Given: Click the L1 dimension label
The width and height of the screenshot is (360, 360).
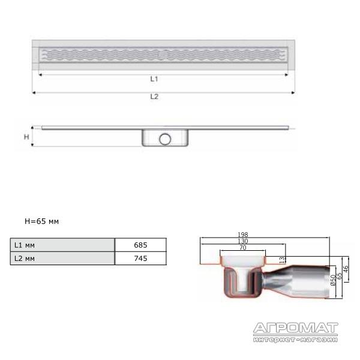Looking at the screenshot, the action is click(x=154, y=79).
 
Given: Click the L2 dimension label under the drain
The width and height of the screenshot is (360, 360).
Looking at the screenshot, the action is click(x=154, y=97).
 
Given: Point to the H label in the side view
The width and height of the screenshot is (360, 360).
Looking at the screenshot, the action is click(x=26, y=137).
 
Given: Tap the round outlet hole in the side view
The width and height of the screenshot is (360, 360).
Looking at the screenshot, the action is click(x=165, y=139).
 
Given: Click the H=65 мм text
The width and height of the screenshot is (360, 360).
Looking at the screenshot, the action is click(x=42, y=221).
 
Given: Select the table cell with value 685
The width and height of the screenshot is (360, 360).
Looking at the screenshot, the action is click(x=140, y=245).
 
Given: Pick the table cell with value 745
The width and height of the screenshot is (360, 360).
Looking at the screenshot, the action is click(x=140, y=258).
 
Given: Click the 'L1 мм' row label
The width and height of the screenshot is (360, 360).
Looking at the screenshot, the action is click(x=25, y=245).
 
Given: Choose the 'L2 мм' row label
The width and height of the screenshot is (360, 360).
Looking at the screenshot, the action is click(x=25, y=259).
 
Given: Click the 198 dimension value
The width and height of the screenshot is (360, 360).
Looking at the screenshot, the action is click(x=242, y=235).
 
